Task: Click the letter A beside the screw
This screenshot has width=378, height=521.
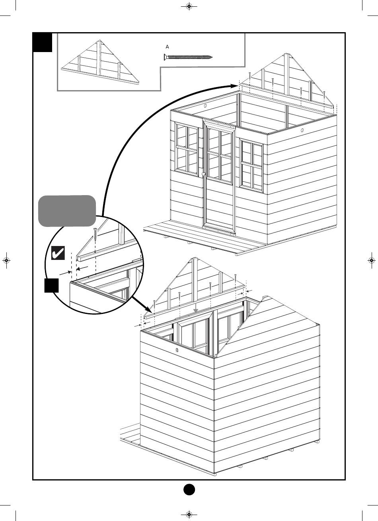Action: (x=167, y=47)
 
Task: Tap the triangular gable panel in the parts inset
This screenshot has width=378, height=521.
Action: (x=99, y=64)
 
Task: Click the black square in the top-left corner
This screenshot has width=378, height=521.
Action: (x=43, y=43)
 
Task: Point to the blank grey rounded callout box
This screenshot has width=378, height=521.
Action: (x=67, y=211)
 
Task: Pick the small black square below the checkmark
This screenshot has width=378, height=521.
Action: (x=52, y=286)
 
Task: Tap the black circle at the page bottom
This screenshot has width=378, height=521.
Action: (x=189, y=489)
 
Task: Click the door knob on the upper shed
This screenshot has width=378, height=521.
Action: (x=203, y=174)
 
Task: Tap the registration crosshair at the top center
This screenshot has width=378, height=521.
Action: (x=189, y=6)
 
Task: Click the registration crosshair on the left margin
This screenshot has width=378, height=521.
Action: (x=7, y=260)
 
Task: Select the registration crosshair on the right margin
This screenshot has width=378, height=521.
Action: (x=371, y=260)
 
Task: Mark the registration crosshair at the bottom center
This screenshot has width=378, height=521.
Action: (x=189, y=514)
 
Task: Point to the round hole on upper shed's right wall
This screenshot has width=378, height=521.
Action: (x=302, y=130)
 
